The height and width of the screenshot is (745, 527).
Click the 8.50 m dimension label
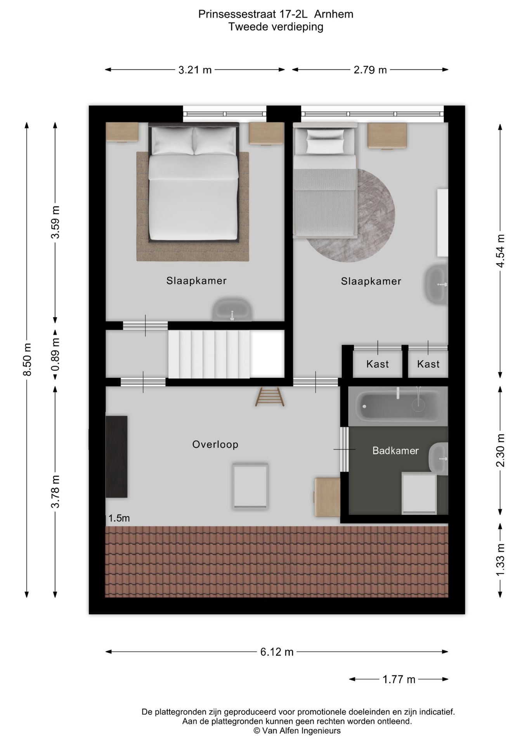(27, 360)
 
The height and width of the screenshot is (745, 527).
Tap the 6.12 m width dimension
(277, 652)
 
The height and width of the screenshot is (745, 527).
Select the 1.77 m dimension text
(399, 679)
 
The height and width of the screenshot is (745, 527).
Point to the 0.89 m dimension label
(55, 354)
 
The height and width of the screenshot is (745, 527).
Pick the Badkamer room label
(395, 450)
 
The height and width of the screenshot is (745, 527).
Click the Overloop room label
(215, 444)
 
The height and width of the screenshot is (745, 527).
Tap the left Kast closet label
(378, 364)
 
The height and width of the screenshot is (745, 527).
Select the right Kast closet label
(428, 364)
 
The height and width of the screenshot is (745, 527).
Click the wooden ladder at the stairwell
(270, 397)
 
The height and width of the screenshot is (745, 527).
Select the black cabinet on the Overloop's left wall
(116, 457)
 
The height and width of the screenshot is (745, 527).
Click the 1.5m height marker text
(119, 518)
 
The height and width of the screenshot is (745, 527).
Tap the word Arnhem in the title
(334, 14)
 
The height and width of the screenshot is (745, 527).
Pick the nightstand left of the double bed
(122, 132)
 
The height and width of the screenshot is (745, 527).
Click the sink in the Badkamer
(439, 459)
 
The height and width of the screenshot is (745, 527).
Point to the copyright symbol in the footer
(257, 731)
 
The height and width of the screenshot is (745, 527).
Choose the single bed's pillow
(325, 142)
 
